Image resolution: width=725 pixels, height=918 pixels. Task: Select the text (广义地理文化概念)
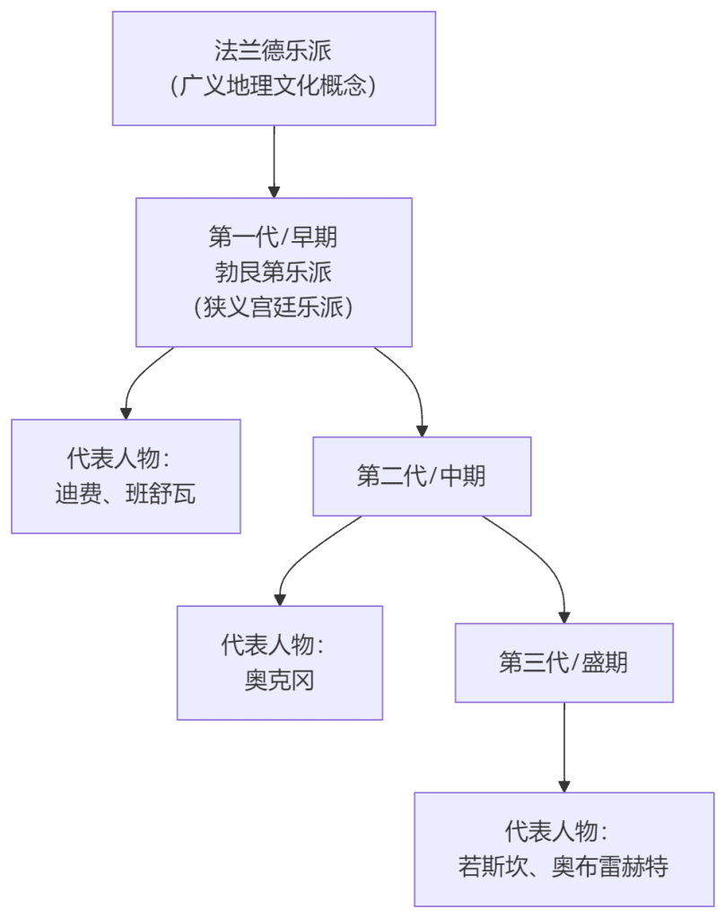click(274, 86)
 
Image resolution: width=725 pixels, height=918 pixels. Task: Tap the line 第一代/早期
click(274, 237)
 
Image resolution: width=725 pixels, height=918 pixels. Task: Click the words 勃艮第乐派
click(274, 272)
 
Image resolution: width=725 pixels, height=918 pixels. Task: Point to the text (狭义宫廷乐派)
click(274, 307)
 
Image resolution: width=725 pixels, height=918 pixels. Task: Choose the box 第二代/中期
click(421, 476)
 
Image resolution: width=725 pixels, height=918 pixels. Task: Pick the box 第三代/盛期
click(563, 663)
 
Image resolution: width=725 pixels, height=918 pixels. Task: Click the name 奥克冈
click(280, 680)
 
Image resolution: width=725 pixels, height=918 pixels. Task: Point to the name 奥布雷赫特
click(610, 867)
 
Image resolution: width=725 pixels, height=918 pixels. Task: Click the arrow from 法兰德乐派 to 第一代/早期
click(274, 161)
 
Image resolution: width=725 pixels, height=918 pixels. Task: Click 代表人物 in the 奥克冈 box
click(266, 645)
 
